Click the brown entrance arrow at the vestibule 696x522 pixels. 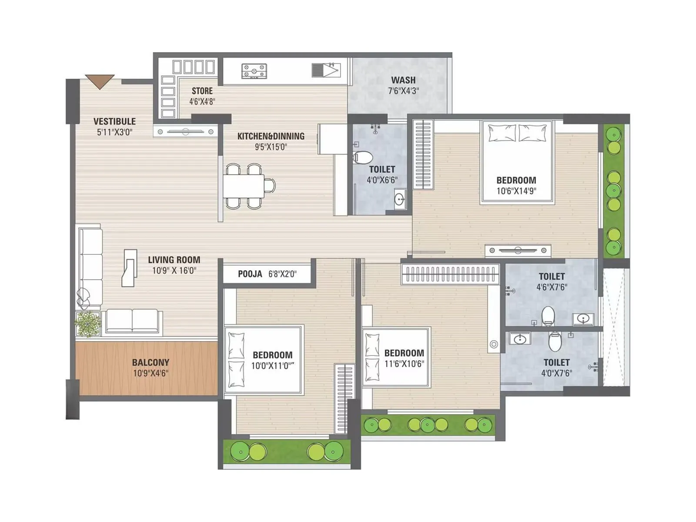pos(100,81)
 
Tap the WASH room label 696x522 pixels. pos(403,80)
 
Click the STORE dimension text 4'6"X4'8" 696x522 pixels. pos(202,101)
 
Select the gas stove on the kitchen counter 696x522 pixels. pos(254,71)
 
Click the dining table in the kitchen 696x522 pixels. pos(244,186)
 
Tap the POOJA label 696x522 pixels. pos(250,274)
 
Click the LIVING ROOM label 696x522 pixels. pos(174,260)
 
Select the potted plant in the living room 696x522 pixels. pos(88,324)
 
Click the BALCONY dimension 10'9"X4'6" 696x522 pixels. pos(151,373)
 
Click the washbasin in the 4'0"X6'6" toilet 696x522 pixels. pos(400,199)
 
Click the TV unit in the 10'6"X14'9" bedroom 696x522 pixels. pos(518,251)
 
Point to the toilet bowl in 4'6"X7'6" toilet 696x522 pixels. pos(548,315)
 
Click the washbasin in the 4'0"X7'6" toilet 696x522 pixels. pos(519,338)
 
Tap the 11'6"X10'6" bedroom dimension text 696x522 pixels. pos(404,364)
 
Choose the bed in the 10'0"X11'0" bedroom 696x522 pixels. pos(263,360)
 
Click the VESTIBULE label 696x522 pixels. pos(114,121)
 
